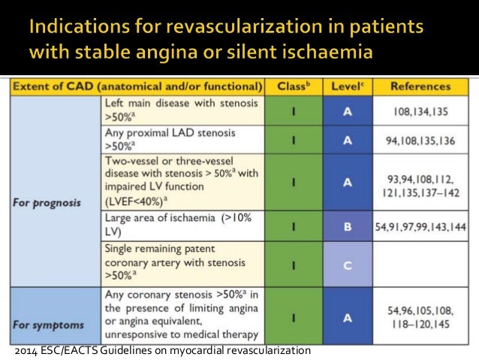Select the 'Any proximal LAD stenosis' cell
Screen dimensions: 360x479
click(182, 139)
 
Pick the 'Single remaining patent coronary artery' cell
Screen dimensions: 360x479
click(182, 264)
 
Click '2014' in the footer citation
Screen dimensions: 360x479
click(26, 351)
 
